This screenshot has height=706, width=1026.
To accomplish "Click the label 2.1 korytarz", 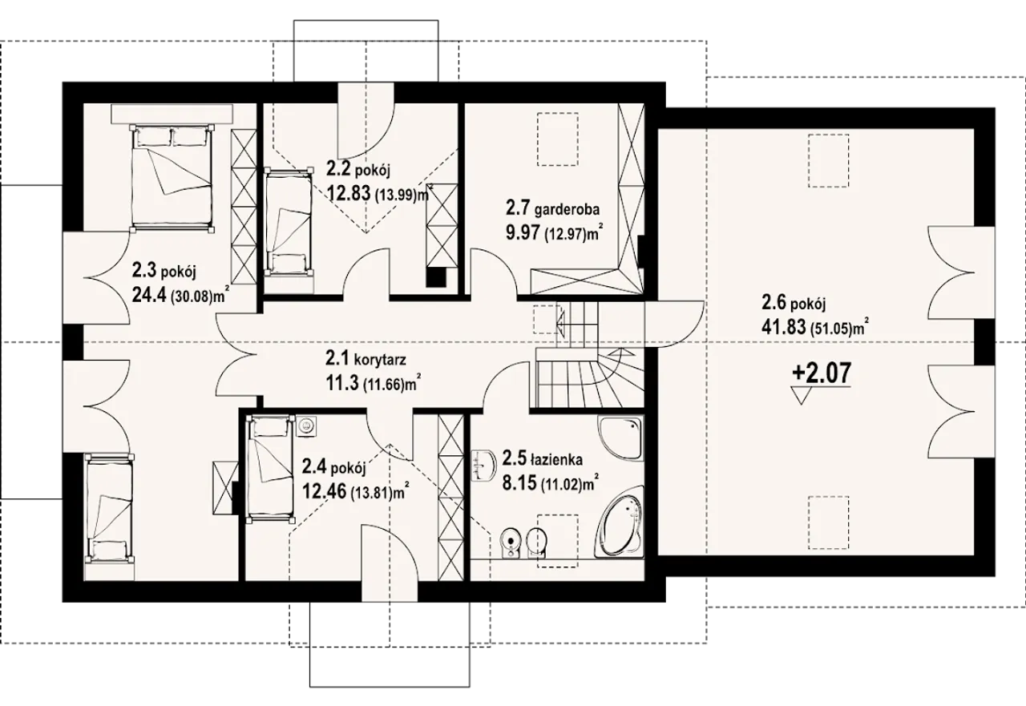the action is (x=366, y=360).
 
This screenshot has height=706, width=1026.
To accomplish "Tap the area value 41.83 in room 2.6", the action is (x=784, y=328).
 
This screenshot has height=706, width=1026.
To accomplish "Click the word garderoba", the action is (x=567, y=210).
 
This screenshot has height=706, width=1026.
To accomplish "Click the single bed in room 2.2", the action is (x=289, y=223).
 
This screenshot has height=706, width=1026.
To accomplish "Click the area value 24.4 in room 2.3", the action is (x=150, y=296).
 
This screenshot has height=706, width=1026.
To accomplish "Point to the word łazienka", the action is (x=557, y=459).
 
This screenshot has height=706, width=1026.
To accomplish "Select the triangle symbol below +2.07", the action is (x=801, y=396).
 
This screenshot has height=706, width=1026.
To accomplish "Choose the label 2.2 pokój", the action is (x=357, y=171).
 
